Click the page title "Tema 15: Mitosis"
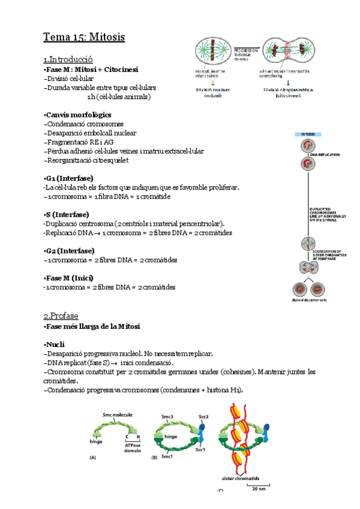point(83,37)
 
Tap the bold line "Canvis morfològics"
point(77,115)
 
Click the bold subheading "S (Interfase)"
point(67,214)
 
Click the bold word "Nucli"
point(55,345)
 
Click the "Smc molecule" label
point(118,415)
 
